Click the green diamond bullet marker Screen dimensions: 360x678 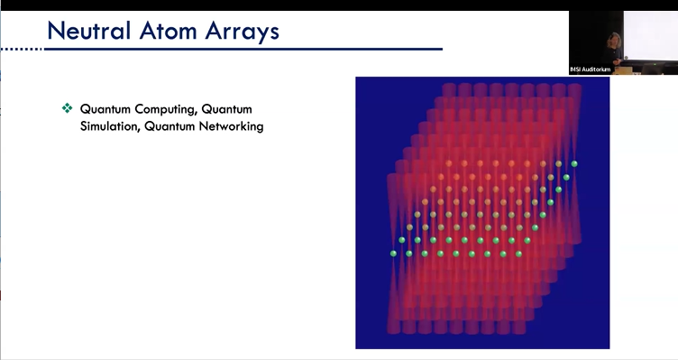click(66, 108)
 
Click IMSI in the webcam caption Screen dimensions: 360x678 click(577, 69)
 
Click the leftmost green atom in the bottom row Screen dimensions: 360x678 click(393, 254)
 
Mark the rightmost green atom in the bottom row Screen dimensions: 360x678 click(518, 254)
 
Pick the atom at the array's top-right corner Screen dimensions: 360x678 click(574, 163)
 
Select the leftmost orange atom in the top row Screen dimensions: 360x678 click(449, 163)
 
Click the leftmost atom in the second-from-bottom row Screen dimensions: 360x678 click(401, 241)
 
